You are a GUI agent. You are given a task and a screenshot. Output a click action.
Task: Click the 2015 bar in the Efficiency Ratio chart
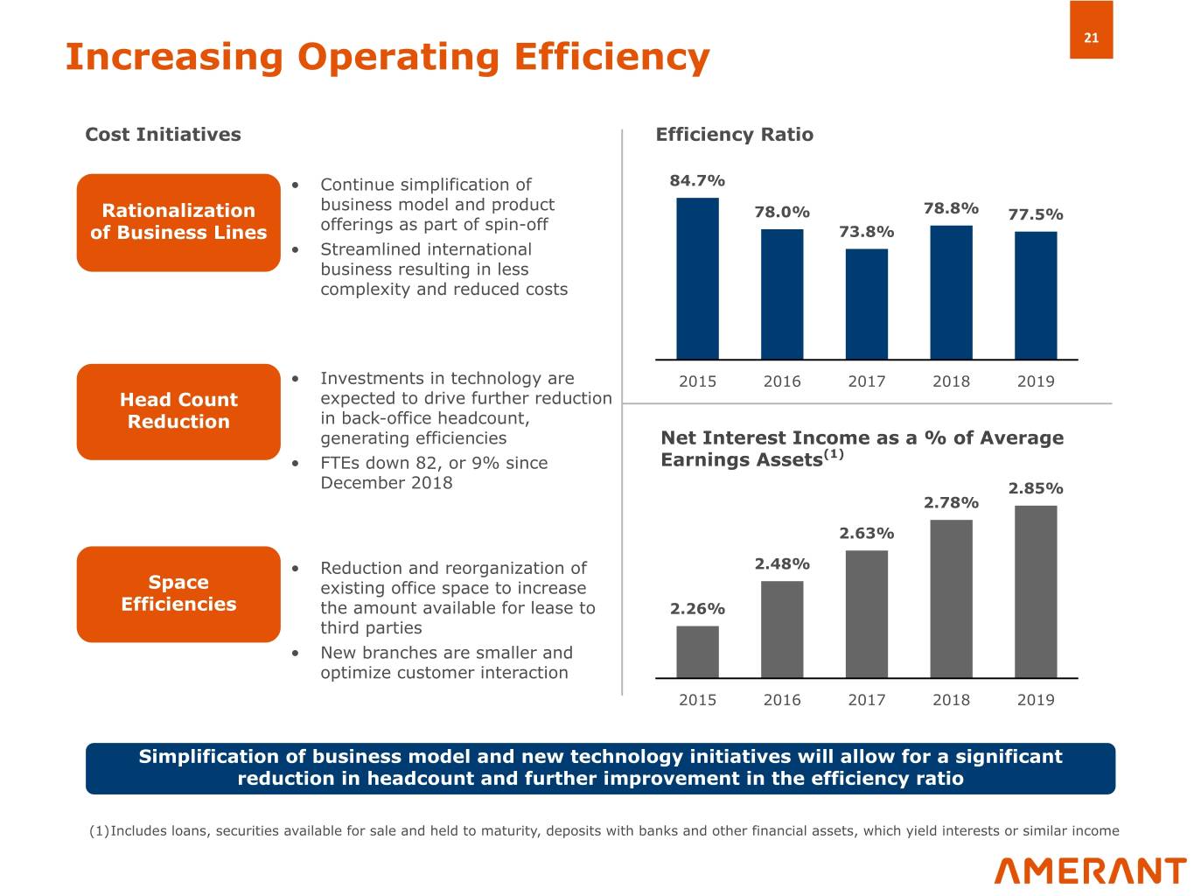(x=697, y=278)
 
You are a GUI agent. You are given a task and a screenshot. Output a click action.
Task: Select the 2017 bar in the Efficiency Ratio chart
(x=867, y=304)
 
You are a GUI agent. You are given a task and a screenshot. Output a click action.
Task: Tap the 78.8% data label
(x=951, y=208)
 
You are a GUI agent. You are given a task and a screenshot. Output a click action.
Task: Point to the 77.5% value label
(x=1036, y=214)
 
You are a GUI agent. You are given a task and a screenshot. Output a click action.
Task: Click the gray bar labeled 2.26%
(x=697, y=652)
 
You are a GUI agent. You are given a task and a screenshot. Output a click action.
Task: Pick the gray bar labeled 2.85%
(x=1036, y=591)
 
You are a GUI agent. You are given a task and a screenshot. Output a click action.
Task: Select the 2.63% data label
(x=867, y=533)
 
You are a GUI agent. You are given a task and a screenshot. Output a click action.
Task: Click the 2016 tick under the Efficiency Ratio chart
(x=782, y=381)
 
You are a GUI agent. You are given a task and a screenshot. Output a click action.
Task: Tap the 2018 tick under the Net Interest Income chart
(x=951, y=700)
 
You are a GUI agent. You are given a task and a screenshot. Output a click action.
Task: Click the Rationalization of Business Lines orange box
(x=178, y=222)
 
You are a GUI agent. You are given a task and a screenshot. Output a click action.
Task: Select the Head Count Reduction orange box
(x=178, y=412)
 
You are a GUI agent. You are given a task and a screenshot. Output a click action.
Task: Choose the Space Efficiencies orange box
(x=178, y=594)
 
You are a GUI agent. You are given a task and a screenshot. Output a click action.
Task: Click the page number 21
(x=1091, y=38)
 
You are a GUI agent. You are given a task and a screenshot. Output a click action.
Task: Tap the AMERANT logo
(x=1090, y=871)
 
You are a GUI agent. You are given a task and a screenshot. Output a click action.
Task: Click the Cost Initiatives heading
(x=164, y=135)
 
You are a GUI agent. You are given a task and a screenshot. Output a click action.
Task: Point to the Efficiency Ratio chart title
(x=735, y=135)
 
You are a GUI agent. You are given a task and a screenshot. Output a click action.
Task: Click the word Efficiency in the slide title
(x=612, y=58)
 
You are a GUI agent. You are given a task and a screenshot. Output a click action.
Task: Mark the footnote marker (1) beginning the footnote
(x=99, y=830)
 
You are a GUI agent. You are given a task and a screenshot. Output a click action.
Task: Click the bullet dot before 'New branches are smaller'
(x=296, y=653)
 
